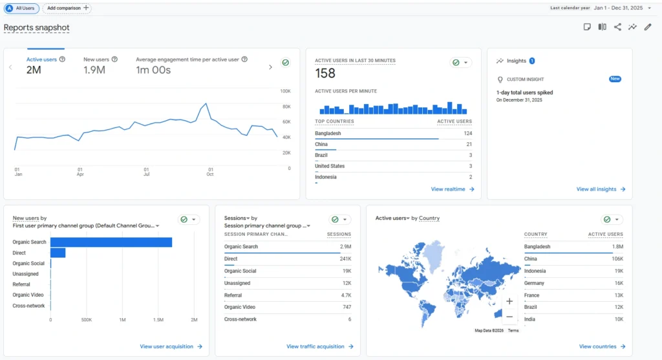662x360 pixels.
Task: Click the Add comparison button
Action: pyautogui.click(x=68, y=8)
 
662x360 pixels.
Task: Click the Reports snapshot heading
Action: pyautogui.click(x=37, y=28)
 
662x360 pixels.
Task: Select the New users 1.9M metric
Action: pyautogui.click(x=94, y=65)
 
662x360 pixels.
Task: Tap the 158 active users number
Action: pyautogui.click(x=325, y=74)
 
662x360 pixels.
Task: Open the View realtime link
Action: pyautogui.click(x=453, y=189)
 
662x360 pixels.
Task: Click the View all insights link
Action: pyautogui.click(x=601, y=189)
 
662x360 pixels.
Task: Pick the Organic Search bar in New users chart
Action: pyautogui.click(x=111, y=242)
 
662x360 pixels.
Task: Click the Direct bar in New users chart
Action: pyautogui.click(x=58, y=253)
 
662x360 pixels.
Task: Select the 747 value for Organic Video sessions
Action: pyautogui.click(x=347, y=307)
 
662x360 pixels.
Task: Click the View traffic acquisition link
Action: pyautogui.click(x=319, y=346)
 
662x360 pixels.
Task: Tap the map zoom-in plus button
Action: pyautogui.click(x=509, y=301)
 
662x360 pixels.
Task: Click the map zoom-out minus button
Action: pyautogui.click(x=509, y=317)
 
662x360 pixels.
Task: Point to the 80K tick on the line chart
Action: pyautogui.click(x=285, y=107)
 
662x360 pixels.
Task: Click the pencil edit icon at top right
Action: pyautogui.click(x=648, y=27)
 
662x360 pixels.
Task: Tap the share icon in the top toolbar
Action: pyautogui.click(x=617, y=27)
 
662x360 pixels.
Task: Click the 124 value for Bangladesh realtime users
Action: pyautogui.click(x=467, y=133)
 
